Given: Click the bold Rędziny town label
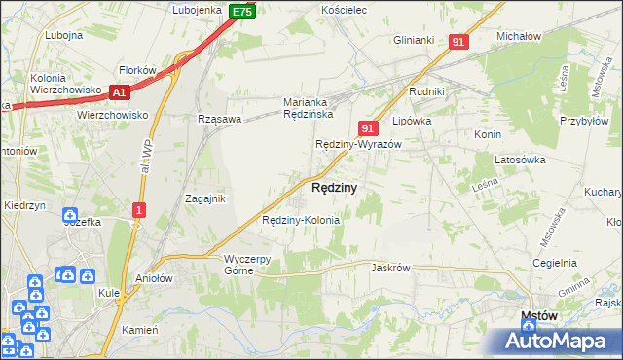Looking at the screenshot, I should point(333,187).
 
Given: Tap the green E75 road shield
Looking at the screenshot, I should point(242,12).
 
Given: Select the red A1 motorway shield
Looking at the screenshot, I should point(119,92).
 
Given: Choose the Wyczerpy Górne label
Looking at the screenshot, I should point(252,265).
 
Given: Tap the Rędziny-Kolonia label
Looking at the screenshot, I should point(301,220).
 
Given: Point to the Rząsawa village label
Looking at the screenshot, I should point(218,119).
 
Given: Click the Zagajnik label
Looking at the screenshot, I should point(205,198).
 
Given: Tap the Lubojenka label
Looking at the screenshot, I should point(198,10).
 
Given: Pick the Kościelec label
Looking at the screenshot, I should point(343,10).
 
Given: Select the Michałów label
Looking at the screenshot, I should point(518,35).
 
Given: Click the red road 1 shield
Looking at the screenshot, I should point(139,210).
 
